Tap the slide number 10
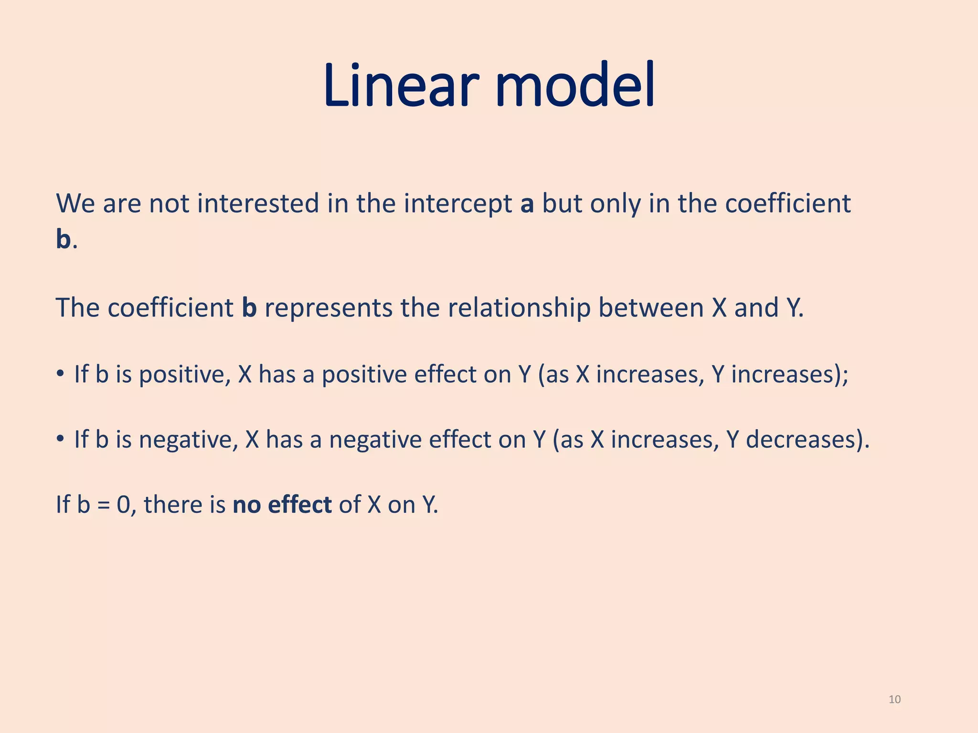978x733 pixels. click(x=894, y=700)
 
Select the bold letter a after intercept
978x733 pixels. click(x=527, y=204)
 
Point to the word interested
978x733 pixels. click(x=258, y=204)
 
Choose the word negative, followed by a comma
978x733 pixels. click(x=188, y=440)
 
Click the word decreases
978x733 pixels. click(x=802, y=440)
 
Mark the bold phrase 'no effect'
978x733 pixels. click(x=282, y=505)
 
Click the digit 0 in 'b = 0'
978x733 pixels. click(x=123, y=505)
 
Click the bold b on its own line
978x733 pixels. click(x=63, y=240)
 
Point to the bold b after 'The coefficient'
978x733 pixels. click(x=249, y=308)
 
